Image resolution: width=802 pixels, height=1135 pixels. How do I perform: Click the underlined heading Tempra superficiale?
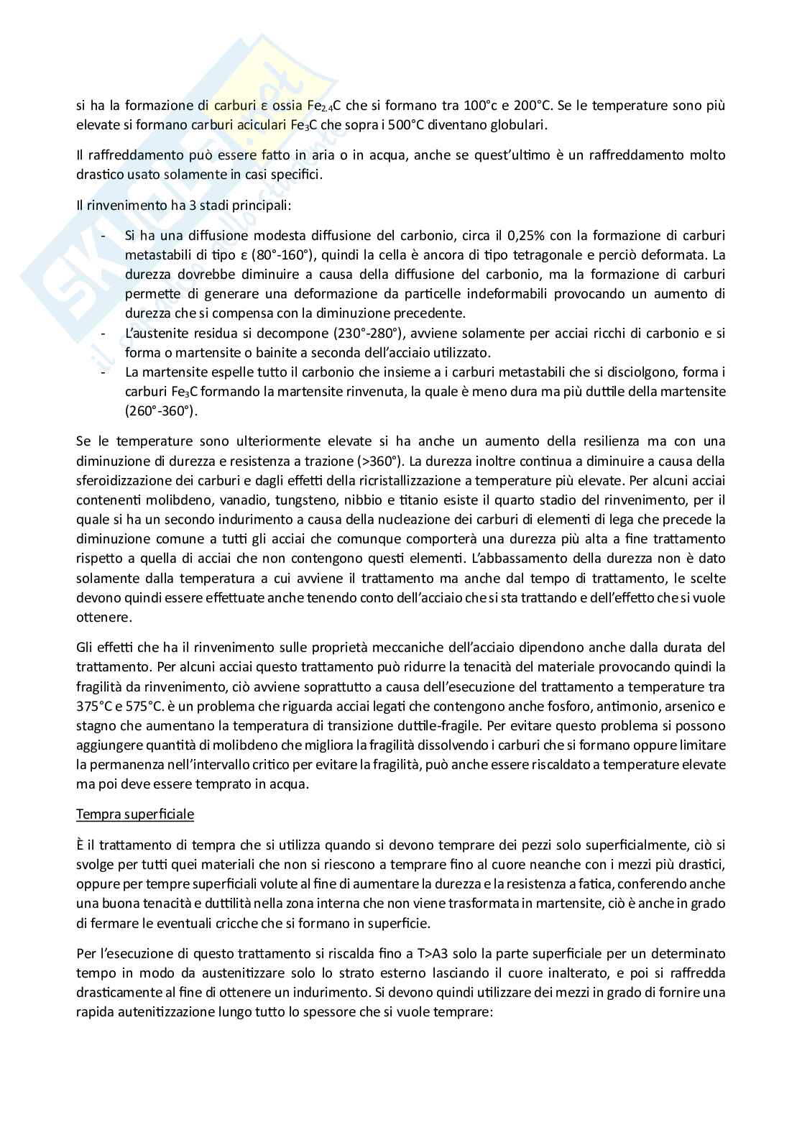point(134,814)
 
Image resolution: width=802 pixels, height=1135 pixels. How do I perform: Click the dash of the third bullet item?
point(105,372)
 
